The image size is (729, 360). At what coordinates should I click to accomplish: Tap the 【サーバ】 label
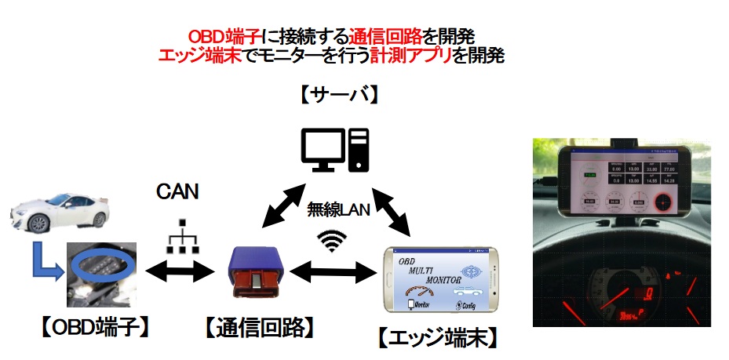click(339, 96)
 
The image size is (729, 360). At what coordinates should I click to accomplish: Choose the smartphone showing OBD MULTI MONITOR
click(440, 279)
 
